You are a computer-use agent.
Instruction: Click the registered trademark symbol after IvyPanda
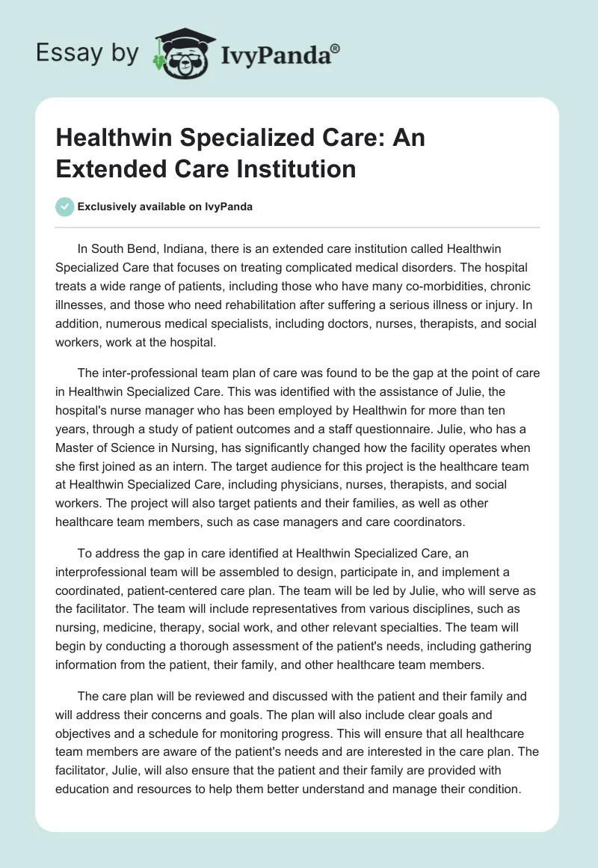pyautogui.click(x=335, y=47)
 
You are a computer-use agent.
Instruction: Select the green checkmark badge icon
pyautogui.click(x=64, y=207)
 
